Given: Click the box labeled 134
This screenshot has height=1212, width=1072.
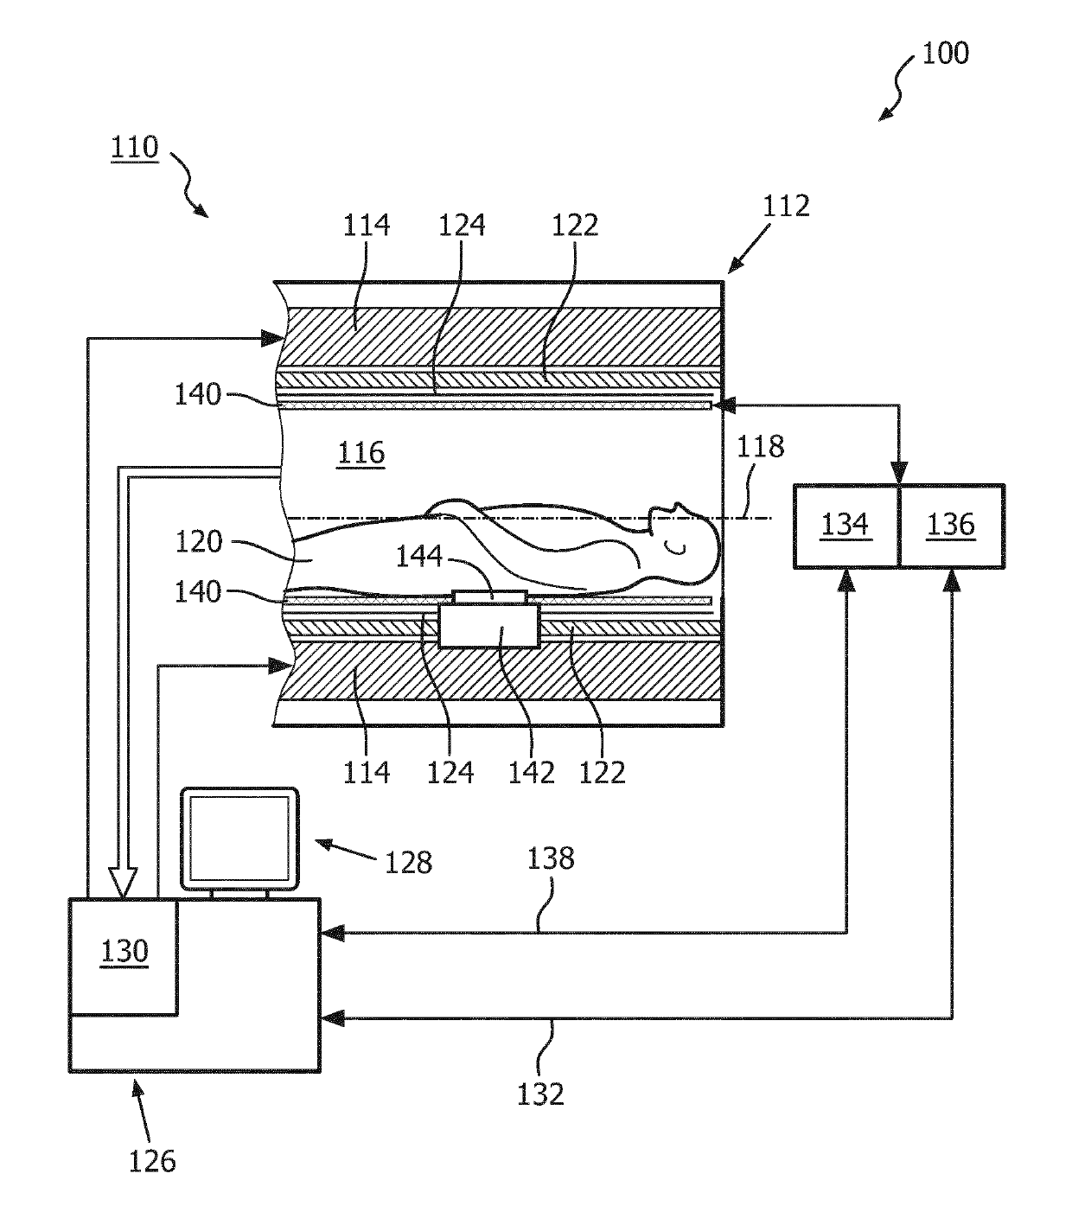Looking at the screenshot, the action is [846, 526].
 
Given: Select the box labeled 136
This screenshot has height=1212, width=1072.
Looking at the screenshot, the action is [953, 526].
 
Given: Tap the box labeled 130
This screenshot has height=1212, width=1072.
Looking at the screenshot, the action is [124, 957].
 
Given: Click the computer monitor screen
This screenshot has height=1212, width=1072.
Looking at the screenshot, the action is [239, 838].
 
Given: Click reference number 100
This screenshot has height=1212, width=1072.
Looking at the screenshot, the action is [945, 54].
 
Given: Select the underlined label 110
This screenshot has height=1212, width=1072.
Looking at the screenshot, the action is [135, 147].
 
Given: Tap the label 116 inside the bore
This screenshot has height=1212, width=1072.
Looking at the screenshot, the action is [361, 453].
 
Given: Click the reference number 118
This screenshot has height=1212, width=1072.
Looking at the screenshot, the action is [760, 447].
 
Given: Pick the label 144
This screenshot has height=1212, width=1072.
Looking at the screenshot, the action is [418, 557].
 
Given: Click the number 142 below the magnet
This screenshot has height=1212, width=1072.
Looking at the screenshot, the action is [531, 773].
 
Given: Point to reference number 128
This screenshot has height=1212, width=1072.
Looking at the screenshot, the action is [408, 863].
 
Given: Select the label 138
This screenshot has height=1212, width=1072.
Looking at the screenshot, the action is [551, 858].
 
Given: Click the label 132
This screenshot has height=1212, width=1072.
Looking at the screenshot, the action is [540, 1094].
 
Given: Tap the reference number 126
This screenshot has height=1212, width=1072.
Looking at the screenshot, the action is [152, 1161].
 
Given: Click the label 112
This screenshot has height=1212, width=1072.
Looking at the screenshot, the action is [786, 207].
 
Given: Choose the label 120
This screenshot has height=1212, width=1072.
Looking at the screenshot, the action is [199, 542].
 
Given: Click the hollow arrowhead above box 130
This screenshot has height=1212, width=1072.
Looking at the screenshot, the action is [123, 883].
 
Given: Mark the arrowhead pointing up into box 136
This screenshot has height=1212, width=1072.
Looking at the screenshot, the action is [952, 580].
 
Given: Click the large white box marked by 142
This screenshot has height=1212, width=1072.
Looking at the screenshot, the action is [489, 626].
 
